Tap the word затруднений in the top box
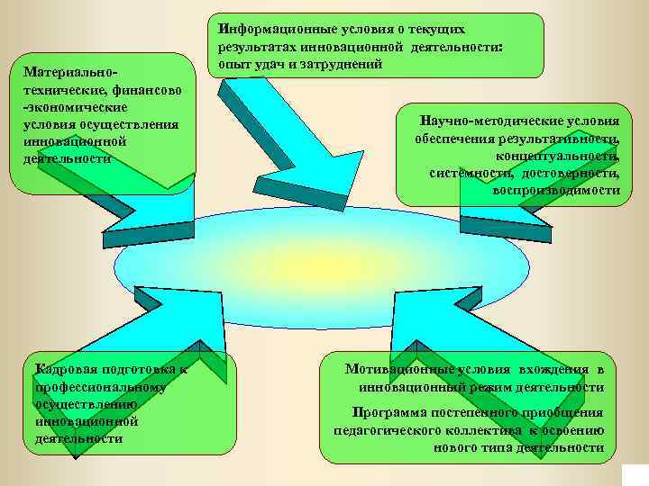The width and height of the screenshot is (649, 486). (x=346, y=64)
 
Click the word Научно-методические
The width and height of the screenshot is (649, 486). (x=481, y=121)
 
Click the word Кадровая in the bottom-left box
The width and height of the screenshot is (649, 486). (x=63, y=369)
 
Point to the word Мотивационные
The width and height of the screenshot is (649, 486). (x=398, y=369)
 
